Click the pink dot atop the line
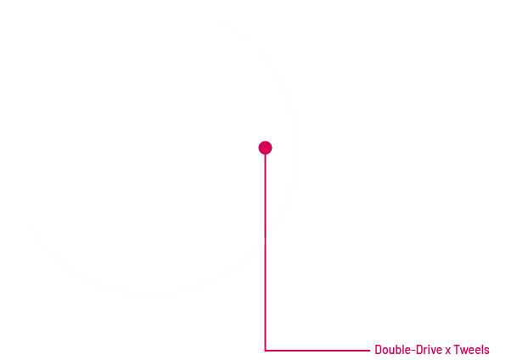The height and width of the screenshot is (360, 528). pos(265,148)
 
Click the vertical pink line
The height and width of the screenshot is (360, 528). pos(265,252)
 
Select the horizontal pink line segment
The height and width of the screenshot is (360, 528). pos(317,351)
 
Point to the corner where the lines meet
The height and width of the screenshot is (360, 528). pos(265,351)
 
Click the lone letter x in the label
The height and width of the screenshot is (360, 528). pos(448,351)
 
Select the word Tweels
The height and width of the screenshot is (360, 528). pos(471,350)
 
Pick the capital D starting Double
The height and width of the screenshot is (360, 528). pos(378,350)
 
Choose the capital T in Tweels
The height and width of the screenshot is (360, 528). pos(457,350)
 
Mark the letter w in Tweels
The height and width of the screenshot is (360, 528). pos(464,351)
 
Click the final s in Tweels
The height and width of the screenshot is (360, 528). pos(487,351)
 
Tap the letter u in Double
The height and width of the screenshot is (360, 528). pos(390,351)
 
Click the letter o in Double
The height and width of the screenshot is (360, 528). pos(385,351)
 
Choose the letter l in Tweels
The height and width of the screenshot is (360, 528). pos(482,350)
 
